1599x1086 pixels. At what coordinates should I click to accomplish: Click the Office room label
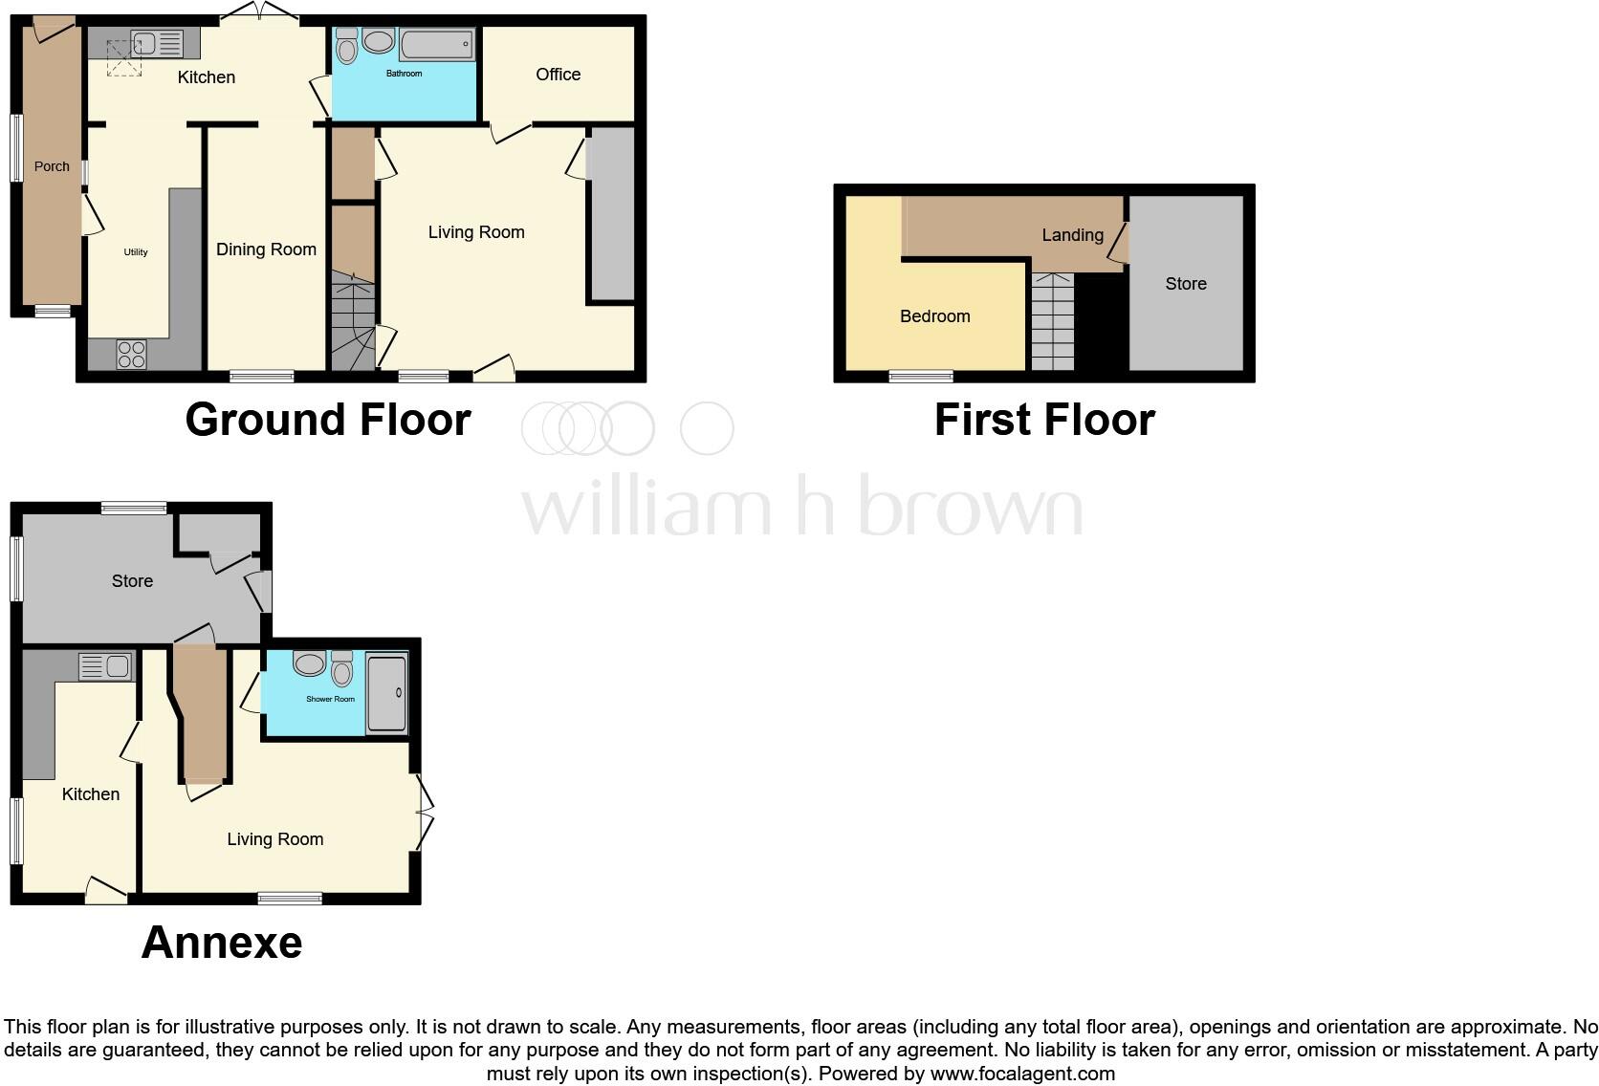[x=559, y=75]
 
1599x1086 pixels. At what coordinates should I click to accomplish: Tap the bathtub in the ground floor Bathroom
[x=437, y=44]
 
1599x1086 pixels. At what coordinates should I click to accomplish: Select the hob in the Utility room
[x=131, y=355]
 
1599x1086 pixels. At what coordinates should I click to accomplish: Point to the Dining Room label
[x=266, y=250]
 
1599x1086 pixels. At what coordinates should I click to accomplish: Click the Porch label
[x=52, y=166]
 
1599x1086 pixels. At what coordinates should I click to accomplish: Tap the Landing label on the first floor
[x=1072, y=235]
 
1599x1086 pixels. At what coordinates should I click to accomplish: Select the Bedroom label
[x=934, y=316]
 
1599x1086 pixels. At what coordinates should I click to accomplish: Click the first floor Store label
[x=1186, y=284]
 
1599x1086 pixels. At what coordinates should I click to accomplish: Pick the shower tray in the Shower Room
[x=387, y=692]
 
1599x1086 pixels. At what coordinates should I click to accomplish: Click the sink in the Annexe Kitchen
[x=118, y=665]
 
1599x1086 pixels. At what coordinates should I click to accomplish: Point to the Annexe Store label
[x=132, y=581]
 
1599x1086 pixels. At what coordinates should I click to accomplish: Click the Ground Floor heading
[x=328, y=420]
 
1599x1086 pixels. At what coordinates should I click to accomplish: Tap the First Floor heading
[x=1044, y=420]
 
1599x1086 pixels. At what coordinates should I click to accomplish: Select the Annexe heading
[x=222, y=943]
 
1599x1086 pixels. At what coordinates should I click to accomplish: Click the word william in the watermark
[x=646, y=507]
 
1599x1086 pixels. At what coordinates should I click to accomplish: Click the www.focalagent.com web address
[x=1022, y=1074]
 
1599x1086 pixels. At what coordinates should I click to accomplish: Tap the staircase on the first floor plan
[x=1052, y=322]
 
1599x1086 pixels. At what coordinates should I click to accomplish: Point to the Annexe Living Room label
[x=274, y=839]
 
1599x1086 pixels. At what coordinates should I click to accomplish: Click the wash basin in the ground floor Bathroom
[x=378, y=41]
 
